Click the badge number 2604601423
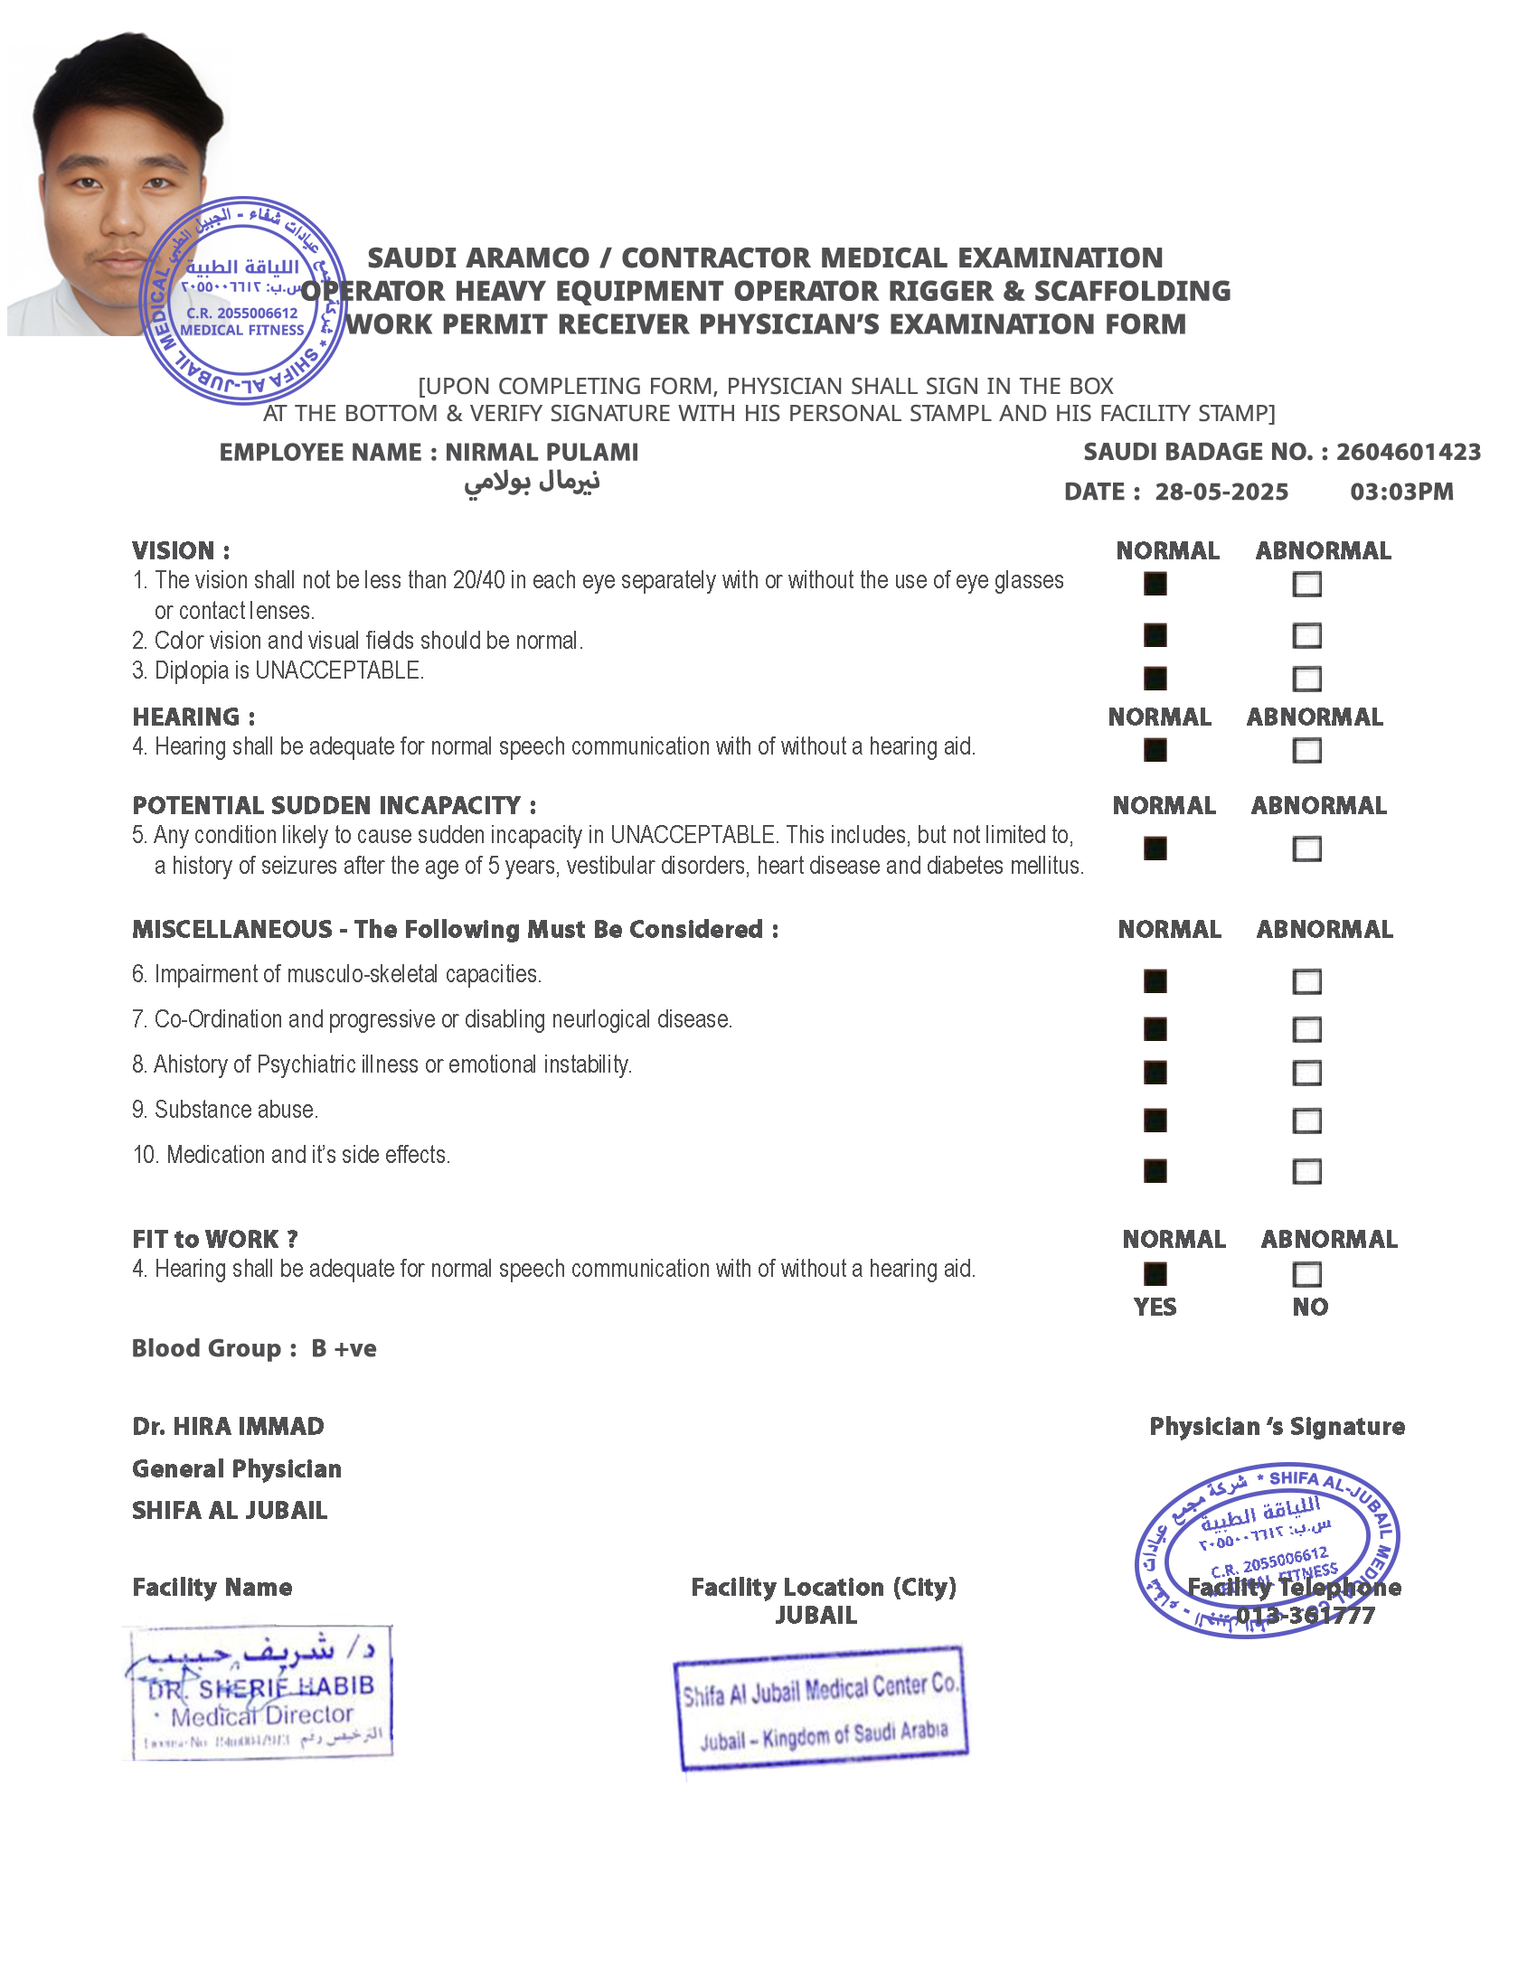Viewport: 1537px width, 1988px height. (x=1408, y=452)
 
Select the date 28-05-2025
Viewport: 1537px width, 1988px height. (x=1221, y=492)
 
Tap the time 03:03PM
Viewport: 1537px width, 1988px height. (x=1401, y=492)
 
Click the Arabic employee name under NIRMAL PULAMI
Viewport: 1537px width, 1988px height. (x=532, y=482)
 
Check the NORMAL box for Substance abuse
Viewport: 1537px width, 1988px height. (x=1155, y=1121)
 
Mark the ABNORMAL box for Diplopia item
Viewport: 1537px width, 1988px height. (x=1306, y=678)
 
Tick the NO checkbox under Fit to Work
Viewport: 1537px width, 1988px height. (x=1306, y=1273)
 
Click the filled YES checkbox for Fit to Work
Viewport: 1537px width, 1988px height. (x=1155, y=1273)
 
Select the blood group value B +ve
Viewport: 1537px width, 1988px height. (x=344, y=1348)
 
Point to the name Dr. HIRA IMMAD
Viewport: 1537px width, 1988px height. (x=228, y=1426)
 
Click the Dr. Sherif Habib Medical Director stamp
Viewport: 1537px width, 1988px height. (x=259, y=1693)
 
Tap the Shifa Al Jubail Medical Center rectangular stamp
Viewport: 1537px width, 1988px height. (x=820, y=1709)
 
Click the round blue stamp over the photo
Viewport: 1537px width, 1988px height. (x=242, y=300)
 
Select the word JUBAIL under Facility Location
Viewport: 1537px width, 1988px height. (x=816, y=1616)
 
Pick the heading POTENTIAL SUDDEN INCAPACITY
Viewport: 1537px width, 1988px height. (x=334, y=805)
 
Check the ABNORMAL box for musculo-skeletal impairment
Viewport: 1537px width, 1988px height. (x=1306, y=981)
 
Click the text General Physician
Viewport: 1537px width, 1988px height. (x=237, y=1468)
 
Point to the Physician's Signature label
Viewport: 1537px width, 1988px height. (x=1277, y=1426)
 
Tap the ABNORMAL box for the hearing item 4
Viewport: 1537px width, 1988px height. (x=1306, y=750)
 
